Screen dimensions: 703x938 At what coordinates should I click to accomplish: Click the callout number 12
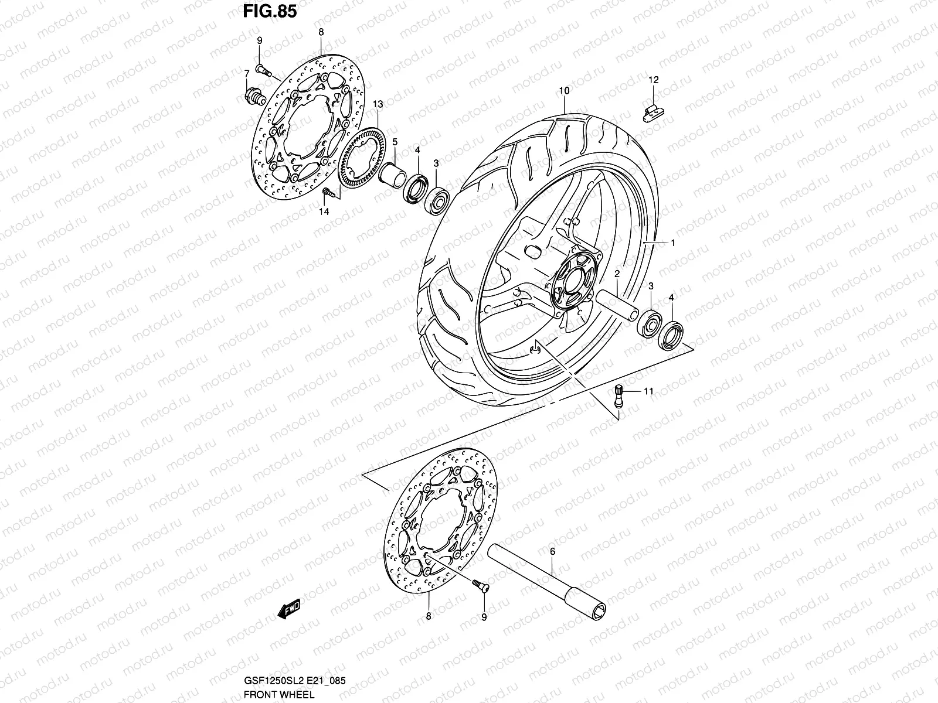coord(654,80)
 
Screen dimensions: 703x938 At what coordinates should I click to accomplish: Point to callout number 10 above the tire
coord(564,91)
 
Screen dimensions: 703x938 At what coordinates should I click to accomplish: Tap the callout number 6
coord(552,551)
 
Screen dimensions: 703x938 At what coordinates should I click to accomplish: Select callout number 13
coord(394,104)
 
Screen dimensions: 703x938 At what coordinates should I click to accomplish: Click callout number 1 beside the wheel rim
coord(673,243)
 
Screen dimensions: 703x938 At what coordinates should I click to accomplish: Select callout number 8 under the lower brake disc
coord(429,616)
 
